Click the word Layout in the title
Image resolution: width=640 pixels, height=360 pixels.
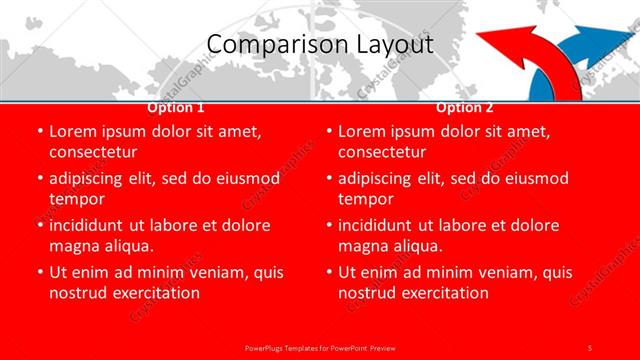tap(393, 45)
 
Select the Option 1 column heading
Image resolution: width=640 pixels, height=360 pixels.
tap(175, 108)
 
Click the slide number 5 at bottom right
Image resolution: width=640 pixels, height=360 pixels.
tap(590, 346)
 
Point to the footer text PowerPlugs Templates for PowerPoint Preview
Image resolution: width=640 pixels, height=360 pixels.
tap(319, 346)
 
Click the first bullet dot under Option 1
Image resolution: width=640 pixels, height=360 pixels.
tap(40, 132)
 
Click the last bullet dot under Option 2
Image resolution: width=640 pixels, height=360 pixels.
tap(329, 272)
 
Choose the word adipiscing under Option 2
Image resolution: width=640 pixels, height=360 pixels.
tap(378, 179)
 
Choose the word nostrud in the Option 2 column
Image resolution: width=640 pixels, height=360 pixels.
tap(369, 293)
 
